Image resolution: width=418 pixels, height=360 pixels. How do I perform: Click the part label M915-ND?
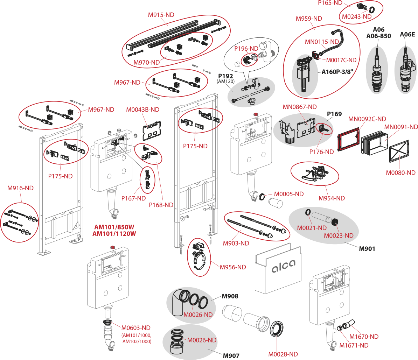(161, 15)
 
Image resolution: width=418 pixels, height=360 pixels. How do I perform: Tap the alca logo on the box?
(284, 266)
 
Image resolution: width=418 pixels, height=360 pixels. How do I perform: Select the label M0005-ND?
(288, 194)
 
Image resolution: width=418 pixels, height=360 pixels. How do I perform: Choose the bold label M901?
(367, 249)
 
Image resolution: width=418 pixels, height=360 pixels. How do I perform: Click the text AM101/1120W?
(114, 234)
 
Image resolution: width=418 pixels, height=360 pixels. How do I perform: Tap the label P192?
(225, 76)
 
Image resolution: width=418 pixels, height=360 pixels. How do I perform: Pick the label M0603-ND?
(136, 328)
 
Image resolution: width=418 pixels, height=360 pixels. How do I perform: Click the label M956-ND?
(233, 267)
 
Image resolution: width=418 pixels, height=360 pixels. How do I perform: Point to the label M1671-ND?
(354, 346)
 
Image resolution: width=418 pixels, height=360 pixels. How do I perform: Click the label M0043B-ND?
(142, 110)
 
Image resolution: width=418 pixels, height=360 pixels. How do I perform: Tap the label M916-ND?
(20, 188)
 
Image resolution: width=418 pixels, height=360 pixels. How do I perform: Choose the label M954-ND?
(332, 198)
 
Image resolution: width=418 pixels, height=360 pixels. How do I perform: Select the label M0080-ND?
(400, 173)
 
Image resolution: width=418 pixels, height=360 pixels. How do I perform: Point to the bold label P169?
(334, 114)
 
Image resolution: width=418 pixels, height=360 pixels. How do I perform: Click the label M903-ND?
(236, 243)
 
